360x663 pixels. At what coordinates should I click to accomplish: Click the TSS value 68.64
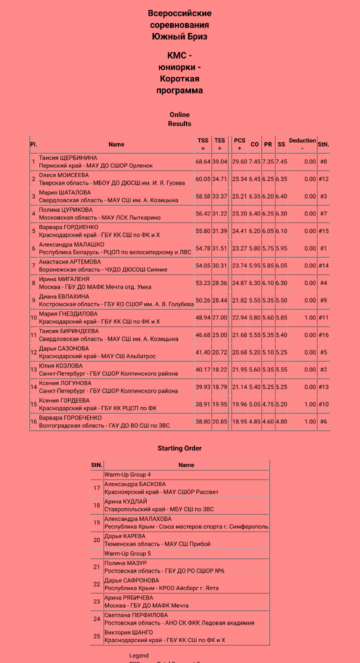pyautogui.click(x=203, y=162)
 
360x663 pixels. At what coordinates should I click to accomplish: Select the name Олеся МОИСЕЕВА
pyautogui.click(x=64, y=175)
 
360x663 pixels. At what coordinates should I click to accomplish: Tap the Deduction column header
pyautogui.click(x=302, y=144)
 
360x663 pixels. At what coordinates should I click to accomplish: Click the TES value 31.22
pyautogui.click(x=219, y=214)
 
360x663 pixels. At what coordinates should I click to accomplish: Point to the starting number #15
pyautogui.click(x=323, y=231)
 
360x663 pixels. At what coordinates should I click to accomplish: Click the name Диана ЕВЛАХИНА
pyautogui.click(x=63, y=296)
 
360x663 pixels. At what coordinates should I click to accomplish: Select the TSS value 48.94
pyautogui.click(x=203, y=317)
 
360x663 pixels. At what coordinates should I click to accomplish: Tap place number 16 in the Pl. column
pyautogui.click(x=33, y=421)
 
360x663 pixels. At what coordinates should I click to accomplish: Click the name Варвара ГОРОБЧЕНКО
pyautogui.click(x=70, y=418)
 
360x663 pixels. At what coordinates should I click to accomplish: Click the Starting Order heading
pyautogui.click(x=179, y=448)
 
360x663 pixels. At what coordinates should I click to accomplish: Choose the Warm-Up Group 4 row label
pyautogui.click(x=127, y=474)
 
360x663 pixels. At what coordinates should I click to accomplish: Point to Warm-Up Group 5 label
pyautogui.click(x=127, y=553)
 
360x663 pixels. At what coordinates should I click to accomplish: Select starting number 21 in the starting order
pyautogui.click(x=96, y=567)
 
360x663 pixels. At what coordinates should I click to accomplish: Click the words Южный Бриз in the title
pyautogui.click(x=179, y=36)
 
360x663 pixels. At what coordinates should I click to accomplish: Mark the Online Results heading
pyautogui.click(x=179, y=119)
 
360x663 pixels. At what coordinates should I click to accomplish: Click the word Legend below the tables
pyautogui.click(x=139, y=655)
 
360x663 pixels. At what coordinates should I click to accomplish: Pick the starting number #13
pyautogui.click(x=323, y=387)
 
